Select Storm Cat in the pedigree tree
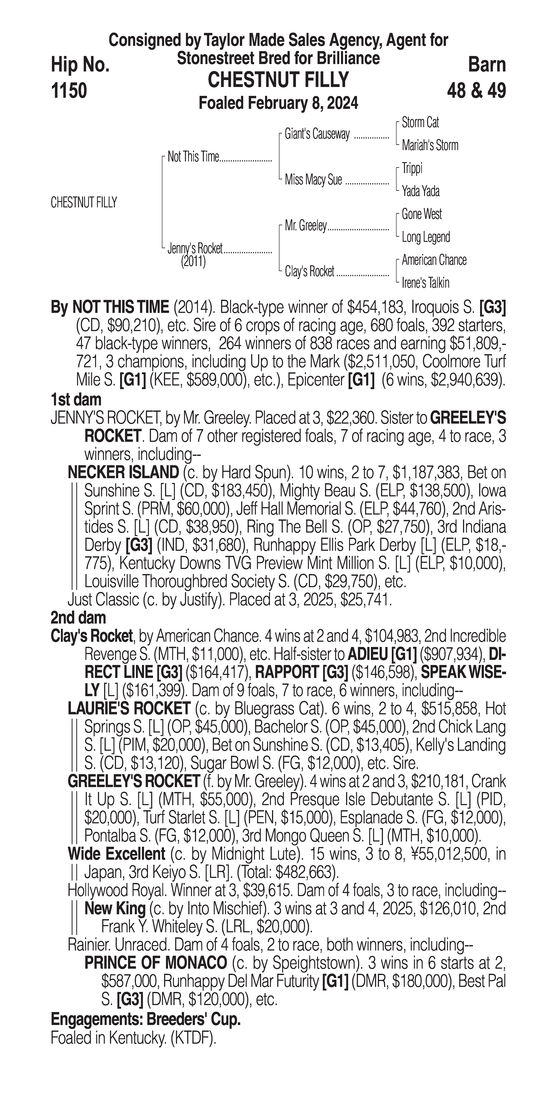(420, 123)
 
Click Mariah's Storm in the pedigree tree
(430, 146)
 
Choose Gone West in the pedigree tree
(421, 214)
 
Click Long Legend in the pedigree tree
(426, 237)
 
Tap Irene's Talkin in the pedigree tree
(425, 283)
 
